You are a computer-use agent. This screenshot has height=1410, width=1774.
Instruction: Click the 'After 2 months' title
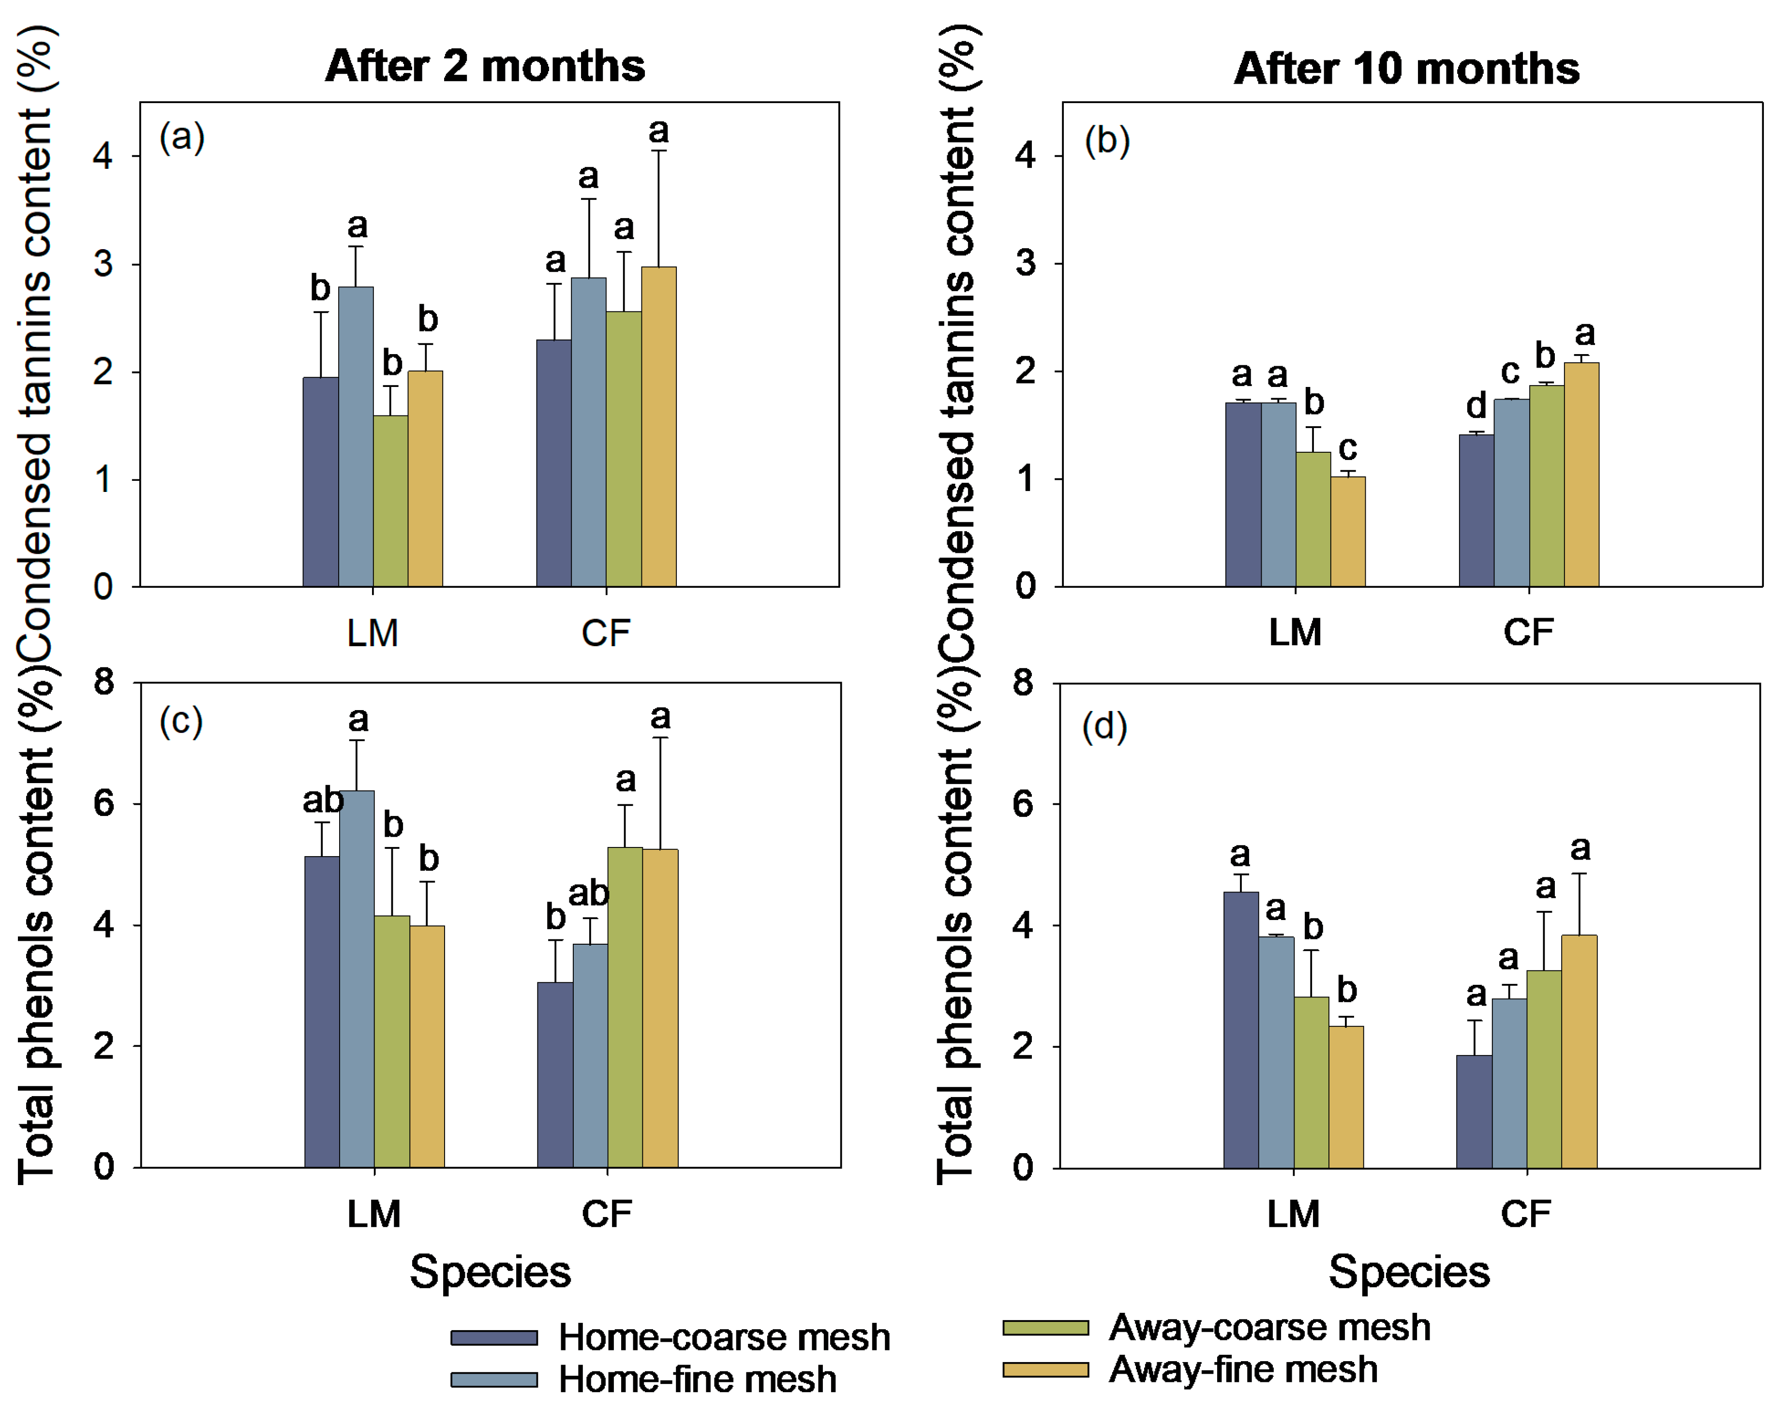pyautogui.click(x=485, y=66)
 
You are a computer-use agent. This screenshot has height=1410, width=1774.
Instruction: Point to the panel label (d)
pyautogui.click(x=1104, y=727)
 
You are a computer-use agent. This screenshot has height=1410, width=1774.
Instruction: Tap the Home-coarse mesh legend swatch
pyautogui.click(x=494, y=1337)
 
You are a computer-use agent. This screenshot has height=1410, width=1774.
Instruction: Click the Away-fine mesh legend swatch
pyautogui.click(x=1045, y=1370)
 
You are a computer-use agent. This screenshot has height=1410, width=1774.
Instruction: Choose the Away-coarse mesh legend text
pyautogui.click(x=1269, y=1327)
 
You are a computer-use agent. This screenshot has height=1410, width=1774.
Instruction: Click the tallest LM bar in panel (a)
pyautogui.click(x=356, y=436)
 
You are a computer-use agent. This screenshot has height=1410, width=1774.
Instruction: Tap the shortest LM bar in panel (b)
pyautogui.click(x=1348, y=532)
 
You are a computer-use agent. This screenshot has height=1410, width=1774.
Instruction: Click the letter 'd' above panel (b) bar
pyautogui.click(x=1476, y=405)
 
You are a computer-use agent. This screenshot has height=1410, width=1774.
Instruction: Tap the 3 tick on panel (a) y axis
pyautogui.click(x=104, y=264)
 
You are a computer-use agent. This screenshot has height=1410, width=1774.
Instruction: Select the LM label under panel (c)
pyautogui.click(x=373, y=1214)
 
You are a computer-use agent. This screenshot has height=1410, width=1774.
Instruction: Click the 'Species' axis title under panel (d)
pyautogui.click(x=1409, y=1272)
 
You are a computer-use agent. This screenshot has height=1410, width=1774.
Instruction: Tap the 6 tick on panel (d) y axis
pyautogui.click(x=1023, y=804)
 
